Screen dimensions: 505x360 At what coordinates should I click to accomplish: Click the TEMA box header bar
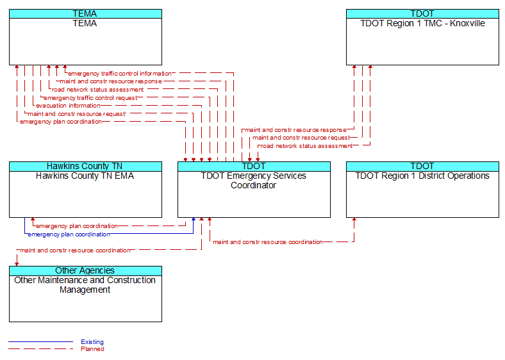click(x=85, y=13)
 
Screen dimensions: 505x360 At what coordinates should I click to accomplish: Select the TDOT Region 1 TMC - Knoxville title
click(x=422, y=23)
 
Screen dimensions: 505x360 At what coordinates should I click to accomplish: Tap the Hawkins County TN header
click(x=85, y=166)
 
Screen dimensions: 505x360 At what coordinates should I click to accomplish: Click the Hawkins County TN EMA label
click(x=85, y=176)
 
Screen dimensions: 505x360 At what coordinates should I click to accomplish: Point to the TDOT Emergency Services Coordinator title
click(x=254, y=181)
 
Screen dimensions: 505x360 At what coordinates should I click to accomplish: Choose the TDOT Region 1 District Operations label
click(x=422, y=176)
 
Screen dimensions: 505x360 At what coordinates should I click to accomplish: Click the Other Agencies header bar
click(x=85, y=270)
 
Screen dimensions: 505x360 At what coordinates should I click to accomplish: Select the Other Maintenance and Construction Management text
click(x=85, y=285)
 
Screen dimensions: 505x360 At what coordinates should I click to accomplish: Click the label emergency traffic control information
click(x=119, y=74)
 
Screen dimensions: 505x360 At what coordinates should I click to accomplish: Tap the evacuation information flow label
click(x=68, y=106)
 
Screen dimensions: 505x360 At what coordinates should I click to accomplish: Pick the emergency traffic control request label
click(x=90, y=97)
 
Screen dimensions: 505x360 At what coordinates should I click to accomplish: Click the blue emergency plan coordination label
click(x=69, y=234)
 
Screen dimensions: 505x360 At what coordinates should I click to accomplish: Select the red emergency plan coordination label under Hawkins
click(x=77, y=226)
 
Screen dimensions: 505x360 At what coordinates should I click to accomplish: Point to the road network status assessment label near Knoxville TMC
click(x=306, y=146)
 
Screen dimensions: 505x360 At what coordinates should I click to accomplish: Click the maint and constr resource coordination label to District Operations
click(x=268, y=242)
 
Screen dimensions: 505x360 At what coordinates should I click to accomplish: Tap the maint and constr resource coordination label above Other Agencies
click(x=75, y=250)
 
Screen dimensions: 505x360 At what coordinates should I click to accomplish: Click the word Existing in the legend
click(x=92, y=342)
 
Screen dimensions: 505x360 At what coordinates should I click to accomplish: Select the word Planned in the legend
click(x=92, y=349)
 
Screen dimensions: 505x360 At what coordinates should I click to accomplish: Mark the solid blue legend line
click(x=41, y=341)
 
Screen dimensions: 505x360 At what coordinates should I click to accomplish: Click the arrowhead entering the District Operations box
click(x=354, y=219)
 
